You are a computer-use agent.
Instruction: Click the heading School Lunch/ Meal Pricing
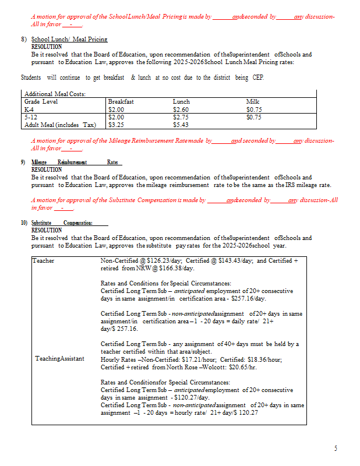tap(69, 38)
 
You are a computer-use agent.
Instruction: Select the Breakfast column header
tap(121, 101)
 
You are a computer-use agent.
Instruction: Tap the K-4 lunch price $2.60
tap(181, 109)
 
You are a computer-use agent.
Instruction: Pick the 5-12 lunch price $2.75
tap(181, 116)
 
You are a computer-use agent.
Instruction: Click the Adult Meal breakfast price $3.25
tap(116, 124)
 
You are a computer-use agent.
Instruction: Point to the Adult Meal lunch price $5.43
tap(181, 124)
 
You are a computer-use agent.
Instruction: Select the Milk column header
tap(252, 101)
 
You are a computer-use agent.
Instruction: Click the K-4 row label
tap(29, 109)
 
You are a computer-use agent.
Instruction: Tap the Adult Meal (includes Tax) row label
tap(59, 124)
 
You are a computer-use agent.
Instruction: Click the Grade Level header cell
tap(41, 101)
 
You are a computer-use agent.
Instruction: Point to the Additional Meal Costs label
tap(55, 94)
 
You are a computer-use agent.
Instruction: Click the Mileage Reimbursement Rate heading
tap(75, 163)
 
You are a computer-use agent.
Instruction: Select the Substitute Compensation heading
tap(70, 223)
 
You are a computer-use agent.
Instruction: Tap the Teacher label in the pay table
tap(44, 260)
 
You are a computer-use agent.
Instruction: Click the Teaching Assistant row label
tap(59, 359)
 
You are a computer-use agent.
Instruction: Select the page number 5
tap(336, 448)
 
